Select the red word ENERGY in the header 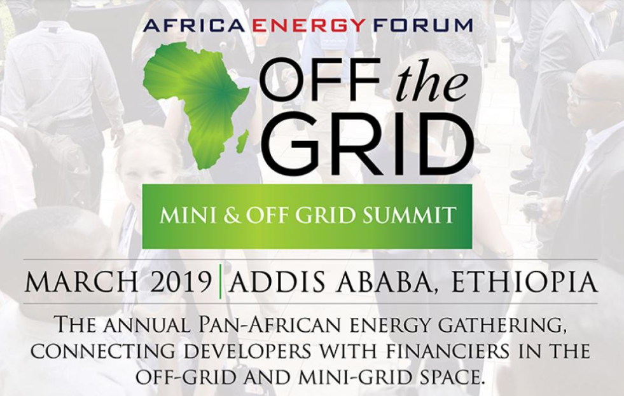tap(309, 25)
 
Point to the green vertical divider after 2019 tap(220, 282)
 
